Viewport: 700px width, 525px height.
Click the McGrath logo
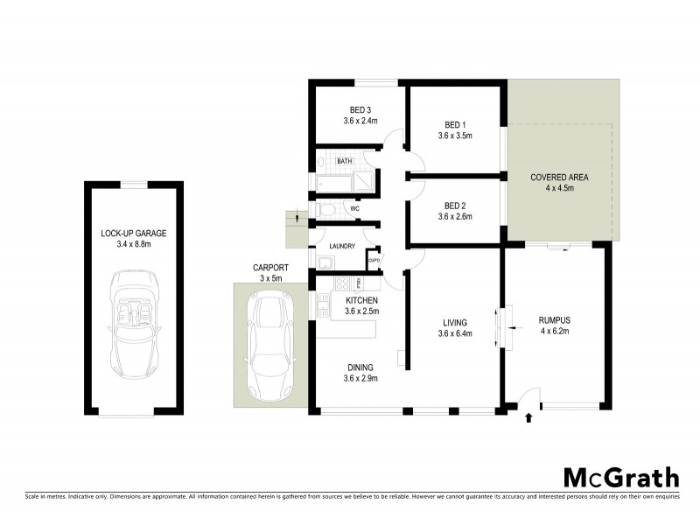619,477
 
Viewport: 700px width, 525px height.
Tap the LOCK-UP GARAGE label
133,233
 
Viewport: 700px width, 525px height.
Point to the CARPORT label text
270,267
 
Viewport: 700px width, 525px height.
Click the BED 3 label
360,109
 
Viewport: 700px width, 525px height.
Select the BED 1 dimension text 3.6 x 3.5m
456,136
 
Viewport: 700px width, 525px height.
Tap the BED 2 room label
456,206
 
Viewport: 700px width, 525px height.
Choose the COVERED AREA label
559,178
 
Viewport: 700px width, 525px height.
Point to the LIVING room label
455,322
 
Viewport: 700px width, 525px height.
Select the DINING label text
360,367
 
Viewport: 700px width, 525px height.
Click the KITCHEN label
360,300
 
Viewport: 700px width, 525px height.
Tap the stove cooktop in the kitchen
343,283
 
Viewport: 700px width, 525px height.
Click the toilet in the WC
325,210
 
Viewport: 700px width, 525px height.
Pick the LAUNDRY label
342,246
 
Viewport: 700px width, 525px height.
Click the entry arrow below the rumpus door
528,418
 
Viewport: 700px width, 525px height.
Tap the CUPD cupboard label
374,260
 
